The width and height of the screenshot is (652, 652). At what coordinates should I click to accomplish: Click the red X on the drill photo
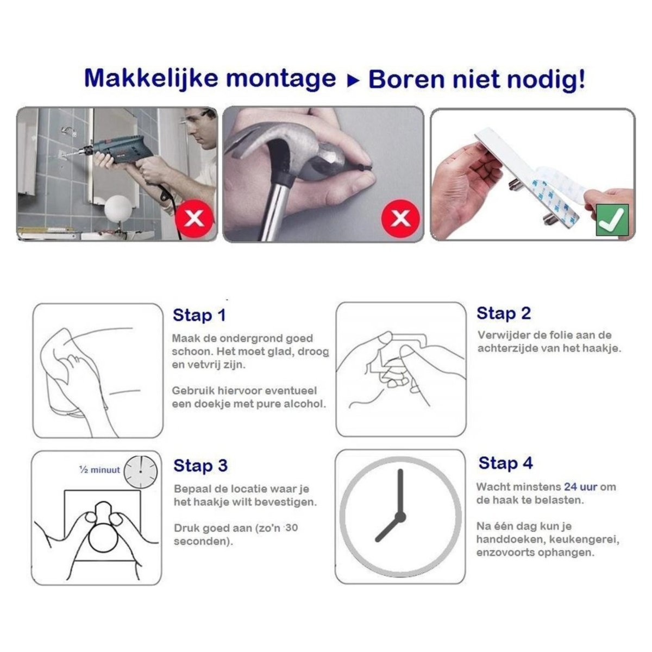(195, 219)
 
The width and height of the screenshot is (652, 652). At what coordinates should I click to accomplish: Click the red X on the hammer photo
(400, 219)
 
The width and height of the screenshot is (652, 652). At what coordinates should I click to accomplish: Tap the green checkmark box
(612, 220)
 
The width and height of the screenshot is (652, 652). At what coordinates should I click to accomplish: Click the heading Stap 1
(199, 316)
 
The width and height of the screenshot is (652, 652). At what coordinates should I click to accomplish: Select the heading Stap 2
(503, 314)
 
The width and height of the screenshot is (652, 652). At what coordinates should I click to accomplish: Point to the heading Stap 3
(200, 466)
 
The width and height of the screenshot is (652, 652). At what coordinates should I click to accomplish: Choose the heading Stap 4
(505, 463)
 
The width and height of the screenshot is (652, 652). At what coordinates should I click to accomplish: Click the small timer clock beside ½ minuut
(140, 471)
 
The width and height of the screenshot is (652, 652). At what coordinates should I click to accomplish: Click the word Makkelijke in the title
(152, 79)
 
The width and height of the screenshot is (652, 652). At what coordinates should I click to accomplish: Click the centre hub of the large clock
(400, 516)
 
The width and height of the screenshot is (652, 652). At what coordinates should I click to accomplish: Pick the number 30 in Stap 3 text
(291, 528)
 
